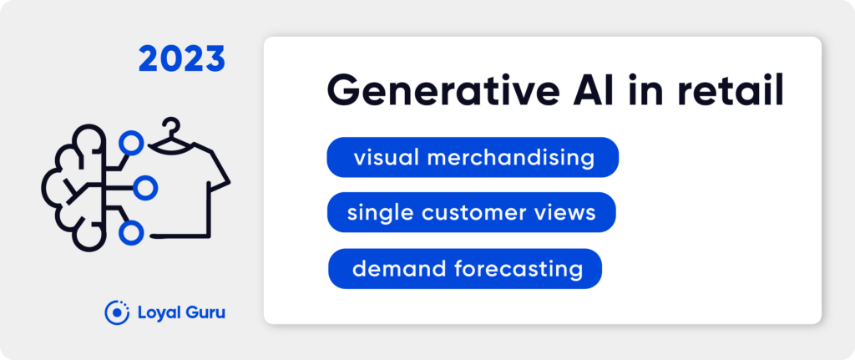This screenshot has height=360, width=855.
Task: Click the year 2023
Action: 181,59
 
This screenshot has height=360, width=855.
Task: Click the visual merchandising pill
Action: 473,157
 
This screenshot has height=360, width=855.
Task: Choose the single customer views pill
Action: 471,212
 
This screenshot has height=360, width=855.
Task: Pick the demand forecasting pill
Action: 464,268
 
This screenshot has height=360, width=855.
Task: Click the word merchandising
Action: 510,158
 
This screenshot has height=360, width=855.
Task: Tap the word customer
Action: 487,213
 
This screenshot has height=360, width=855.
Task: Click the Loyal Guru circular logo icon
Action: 116,312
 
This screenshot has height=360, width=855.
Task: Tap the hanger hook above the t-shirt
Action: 172,127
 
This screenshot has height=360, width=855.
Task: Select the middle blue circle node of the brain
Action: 145,188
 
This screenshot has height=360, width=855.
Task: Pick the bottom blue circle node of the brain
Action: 131,233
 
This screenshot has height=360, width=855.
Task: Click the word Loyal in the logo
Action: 154,313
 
